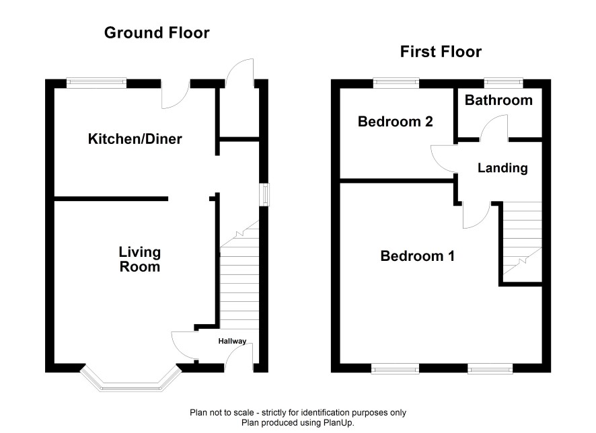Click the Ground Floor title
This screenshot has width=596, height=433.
[157, 33]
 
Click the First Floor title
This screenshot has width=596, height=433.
[441, 52]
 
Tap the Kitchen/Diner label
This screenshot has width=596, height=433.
[135, 139]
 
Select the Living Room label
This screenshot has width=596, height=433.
[139, 260]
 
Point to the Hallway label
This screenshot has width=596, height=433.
[232, 341]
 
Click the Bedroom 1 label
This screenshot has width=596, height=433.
[417, 256]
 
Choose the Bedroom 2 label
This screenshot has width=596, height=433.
[396, 122]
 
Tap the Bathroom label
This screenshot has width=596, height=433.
[498, 100]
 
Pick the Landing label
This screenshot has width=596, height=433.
[502, 168]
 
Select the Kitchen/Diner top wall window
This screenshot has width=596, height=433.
[96, 83]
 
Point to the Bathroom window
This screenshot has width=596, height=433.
[504, 83]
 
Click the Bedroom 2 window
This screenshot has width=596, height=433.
[396, 83]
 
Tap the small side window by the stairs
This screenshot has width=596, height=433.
[264, 195]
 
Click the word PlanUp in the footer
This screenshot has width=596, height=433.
[338, 422]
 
